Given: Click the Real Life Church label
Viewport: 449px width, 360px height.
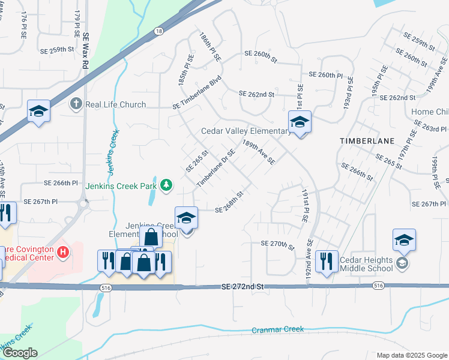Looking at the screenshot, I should pos(116,104).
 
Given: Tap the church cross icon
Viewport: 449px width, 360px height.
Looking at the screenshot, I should pos(76,104).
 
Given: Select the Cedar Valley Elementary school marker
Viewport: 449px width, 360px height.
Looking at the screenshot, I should pos(300,122).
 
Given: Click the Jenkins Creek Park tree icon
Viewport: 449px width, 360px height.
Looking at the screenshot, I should pos(166,186).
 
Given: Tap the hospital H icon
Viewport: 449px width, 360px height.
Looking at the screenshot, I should pos(63,253).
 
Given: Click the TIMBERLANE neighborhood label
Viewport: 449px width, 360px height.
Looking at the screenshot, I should pos(367,140).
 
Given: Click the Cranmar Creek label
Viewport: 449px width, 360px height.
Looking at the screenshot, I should pos(278,329).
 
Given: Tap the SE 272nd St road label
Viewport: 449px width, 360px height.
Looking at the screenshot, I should pos(242,287).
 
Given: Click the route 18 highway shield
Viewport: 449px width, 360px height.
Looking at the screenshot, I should pos(157,31).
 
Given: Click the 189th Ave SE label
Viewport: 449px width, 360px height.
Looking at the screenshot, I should pos(259,152).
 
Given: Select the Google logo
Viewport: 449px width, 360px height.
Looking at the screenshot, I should pos(20,353).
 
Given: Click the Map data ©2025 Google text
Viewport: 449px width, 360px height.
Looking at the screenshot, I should pos(411,355).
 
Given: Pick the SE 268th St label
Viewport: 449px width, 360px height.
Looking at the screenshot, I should pos(230,202).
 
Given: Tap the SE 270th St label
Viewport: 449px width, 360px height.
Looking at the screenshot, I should pos(279,245).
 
